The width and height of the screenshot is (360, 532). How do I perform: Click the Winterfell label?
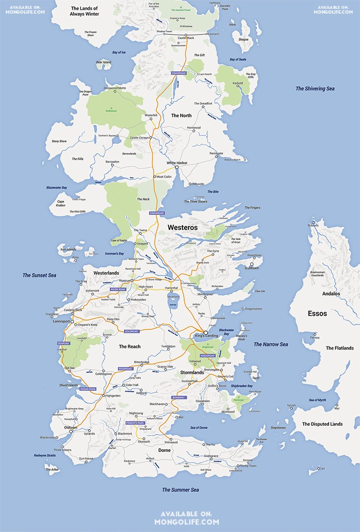click(151, 115)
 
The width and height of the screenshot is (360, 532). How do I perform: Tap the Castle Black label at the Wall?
click(186, 38)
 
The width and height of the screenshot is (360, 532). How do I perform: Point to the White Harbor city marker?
click(177, 167)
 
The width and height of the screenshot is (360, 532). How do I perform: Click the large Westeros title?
click(183, 228)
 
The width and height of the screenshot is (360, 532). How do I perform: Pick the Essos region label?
click(317, 313)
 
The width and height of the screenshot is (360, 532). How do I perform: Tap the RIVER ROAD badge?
click(118, 290)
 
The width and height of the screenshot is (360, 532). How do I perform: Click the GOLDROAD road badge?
click(132, 331)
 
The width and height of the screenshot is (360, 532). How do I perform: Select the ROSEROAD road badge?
click(125, 369)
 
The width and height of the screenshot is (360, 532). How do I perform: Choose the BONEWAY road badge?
click(179, 397)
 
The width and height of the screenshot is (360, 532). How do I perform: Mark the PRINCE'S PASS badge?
click(135, 422)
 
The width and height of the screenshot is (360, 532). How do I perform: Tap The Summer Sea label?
click(181, 490)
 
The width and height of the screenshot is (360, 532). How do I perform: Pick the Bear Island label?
click(103, 62)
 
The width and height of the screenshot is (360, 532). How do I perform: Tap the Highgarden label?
click(113, 395)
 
